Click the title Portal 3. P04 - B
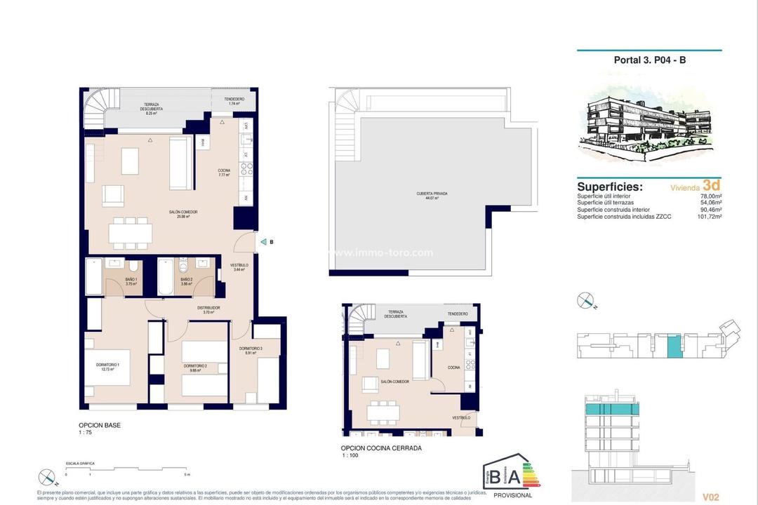649,60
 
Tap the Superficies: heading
609,187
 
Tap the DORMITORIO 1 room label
108,365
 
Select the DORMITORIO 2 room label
196,366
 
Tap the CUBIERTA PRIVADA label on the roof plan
432,194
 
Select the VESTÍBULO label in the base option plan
239,266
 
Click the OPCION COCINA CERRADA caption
381,447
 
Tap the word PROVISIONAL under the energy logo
514,494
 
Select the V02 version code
710,497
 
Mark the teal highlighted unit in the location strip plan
674,346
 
